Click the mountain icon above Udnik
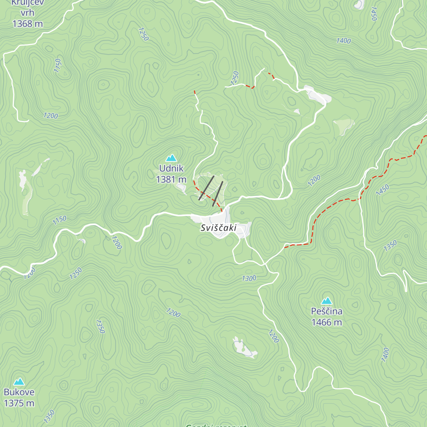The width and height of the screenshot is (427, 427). click(x=171, y=158)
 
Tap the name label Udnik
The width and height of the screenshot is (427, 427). click(x=171, y=168)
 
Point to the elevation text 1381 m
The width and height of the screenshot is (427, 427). click(x=171, y=179)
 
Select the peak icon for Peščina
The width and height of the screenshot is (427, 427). click(x=326, y=301)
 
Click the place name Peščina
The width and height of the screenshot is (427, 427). click(x=327, y=311)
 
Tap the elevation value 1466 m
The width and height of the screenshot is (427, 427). click(x=327, y=322)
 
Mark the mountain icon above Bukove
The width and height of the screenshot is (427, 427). click(x=19, y=382)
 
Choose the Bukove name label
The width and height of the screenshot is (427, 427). click(x=19, y=392)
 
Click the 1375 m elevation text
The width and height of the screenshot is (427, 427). click(x=19, y=403)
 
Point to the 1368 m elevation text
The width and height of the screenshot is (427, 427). click(x=27, y=24)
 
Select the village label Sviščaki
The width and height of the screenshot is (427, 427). click(x=218, y=228)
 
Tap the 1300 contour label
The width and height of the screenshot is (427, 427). click(x=249, y=278)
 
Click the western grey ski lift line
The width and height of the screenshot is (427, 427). click(x=206, y=188)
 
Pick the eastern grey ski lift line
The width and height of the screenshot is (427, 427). click(x=218, y=194)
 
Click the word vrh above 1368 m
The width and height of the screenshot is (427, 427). click(x=27, y=13)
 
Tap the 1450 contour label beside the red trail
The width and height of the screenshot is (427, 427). click(x=383, y=190)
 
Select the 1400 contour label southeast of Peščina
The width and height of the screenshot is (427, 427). click(x=385, y=355)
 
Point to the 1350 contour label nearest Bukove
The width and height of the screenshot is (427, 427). click(x=49, y=416)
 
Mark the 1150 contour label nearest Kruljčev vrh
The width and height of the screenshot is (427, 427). click(x=58, y=66)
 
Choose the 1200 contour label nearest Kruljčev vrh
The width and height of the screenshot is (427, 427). click(x=51, y=116)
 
